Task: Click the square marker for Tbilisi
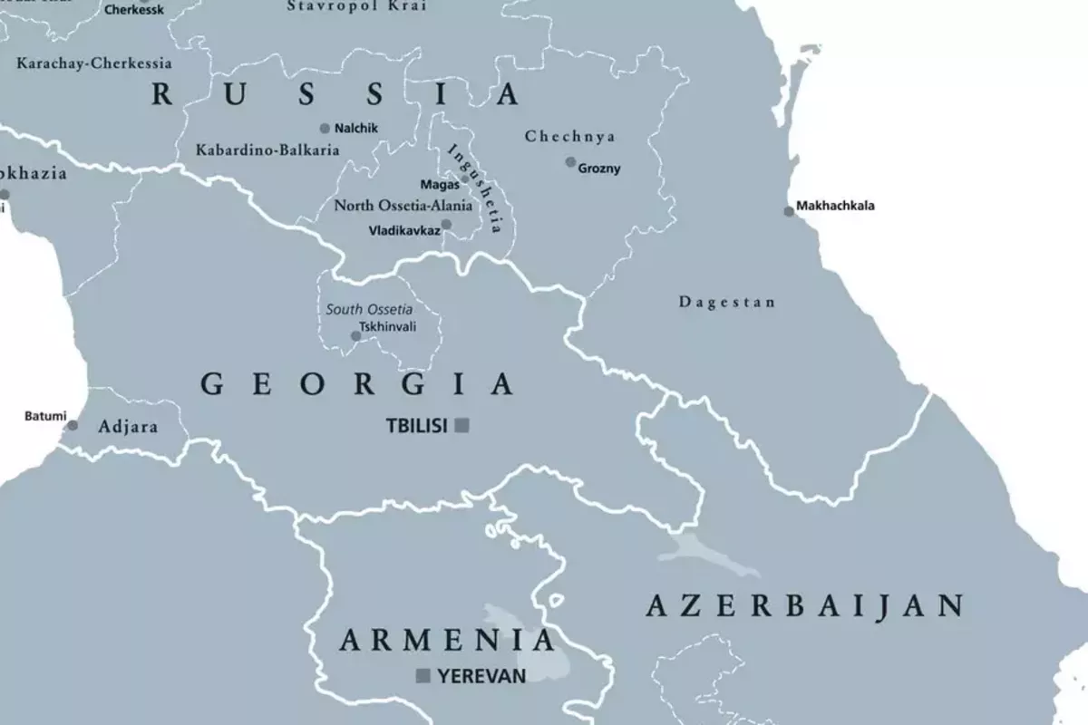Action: pos(461,425)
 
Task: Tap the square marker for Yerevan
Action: pos(423,675)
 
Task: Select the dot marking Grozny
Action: pos(570,162)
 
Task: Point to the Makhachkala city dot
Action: pos(789,211)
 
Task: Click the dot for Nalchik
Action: pos(325,129)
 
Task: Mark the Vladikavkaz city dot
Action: pos(446,225)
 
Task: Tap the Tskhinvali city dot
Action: pos(355,336)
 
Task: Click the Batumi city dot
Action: pos(73,425)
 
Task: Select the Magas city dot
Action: pos(465,179)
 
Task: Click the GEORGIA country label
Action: pos(357,384)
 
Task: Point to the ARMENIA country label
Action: pos(446,641)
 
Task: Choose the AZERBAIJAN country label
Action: pos(803,605)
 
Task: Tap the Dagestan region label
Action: pos(727,303)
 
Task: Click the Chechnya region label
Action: pos(570,137)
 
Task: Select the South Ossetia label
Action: pos(369,309)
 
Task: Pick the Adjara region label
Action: pos(128,426)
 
